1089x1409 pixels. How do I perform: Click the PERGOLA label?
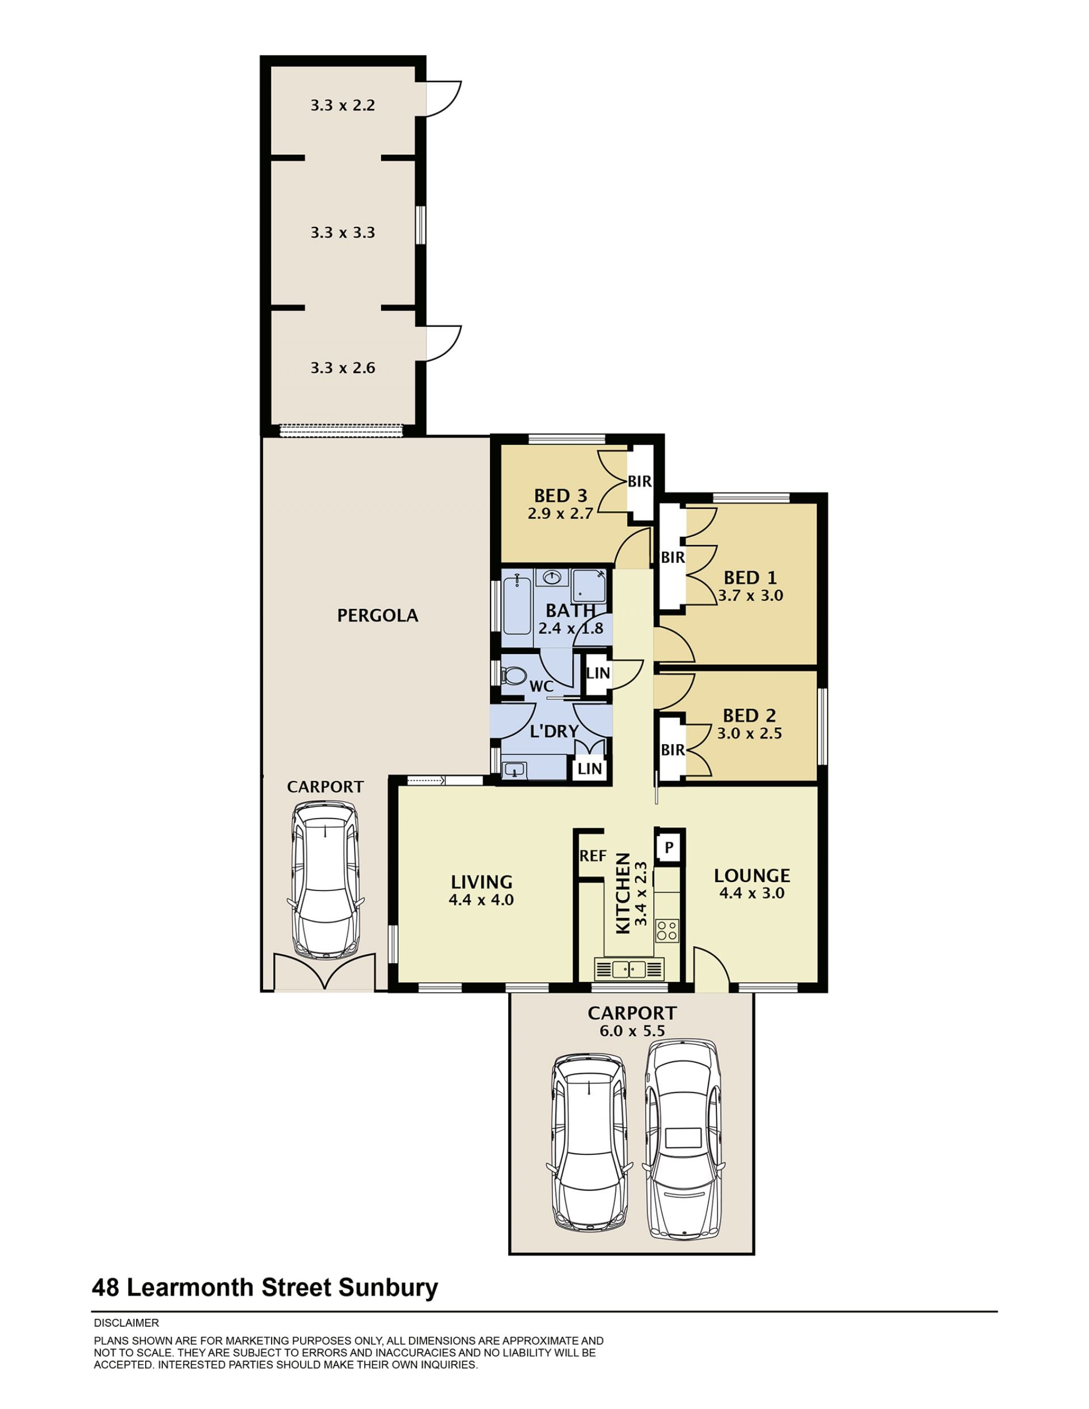point(377,615)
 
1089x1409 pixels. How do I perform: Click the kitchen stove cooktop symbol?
point(666,930)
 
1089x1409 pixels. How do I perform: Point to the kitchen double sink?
point(629,968)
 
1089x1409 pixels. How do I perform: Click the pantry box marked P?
point(668,846)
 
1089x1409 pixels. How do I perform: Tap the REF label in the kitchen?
point(593,855)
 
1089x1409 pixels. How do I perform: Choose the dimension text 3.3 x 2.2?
point(343,105)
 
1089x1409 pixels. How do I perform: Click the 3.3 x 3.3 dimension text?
point(343,232)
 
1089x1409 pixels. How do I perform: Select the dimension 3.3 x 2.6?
point(343,368)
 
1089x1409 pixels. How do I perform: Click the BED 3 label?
point(560,495)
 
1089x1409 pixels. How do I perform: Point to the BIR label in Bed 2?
point(672,750)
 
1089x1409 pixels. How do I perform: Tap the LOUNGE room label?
point(752,875)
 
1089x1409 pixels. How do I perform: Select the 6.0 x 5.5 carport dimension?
point(632,1030)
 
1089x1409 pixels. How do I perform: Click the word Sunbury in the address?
point(389,1287)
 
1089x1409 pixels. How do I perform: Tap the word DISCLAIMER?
point(126,1323)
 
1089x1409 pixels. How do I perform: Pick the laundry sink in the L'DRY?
point(515,769)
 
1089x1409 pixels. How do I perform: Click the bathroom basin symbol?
point(552,577)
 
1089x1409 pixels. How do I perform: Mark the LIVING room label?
point(482,882)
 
